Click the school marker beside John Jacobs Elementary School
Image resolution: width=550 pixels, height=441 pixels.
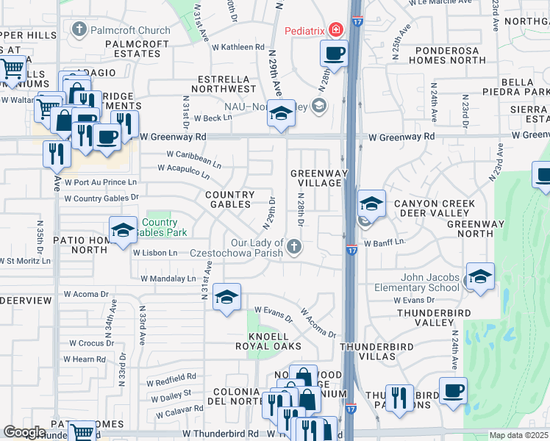[480, 277]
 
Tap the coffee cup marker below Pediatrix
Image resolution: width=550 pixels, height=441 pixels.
[334, 54]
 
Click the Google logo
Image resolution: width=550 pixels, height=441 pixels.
[24, 432]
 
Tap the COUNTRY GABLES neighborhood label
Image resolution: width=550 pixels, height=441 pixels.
[229, 199]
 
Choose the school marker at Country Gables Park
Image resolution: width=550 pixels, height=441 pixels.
[123, 231]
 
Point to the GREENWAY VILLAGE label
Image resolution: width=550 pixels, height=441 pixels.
[316, 178]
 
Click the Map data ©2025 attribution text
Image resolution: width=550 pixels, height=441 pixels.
[518, 435]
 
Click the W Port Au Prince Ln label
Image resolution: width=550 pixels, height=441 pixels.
[101, 182]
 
